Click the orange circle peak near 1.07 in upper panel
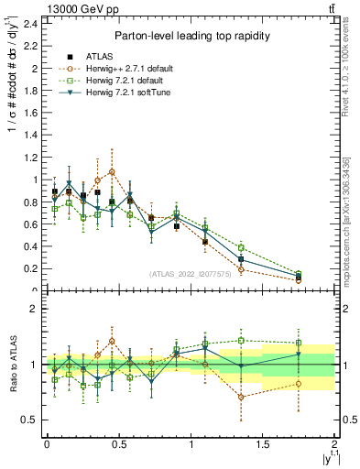112,171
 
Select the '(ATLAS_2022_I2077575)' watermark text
191,273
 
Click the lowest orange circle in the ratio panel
241,397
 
